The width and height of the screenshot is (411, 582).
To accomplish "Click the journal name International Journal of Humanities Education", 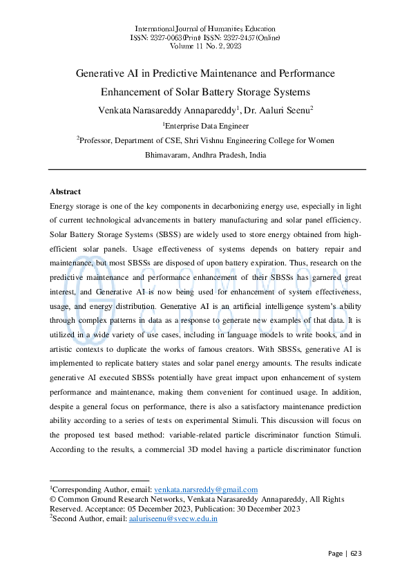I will [205, 28].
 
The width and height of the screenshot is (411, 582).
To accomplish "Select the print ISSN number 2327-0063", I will [169, 37].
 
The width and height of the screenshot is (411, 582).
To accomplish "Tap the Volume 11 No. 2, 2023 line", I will [205, 46].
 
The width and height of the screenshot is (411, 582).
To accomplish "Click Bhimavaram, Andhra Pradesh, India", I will [205, 155].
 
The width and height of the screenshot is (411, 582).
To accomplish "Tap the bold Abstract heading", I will [66, 191].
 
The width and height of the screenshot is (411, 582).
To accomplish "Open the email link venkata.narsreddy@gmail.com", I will [205, 489].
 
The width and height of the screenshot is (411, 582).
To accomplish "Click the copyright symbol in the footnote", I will [53, 500].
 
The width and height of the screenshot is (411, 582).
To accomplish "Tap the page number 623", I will [355, 554].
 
